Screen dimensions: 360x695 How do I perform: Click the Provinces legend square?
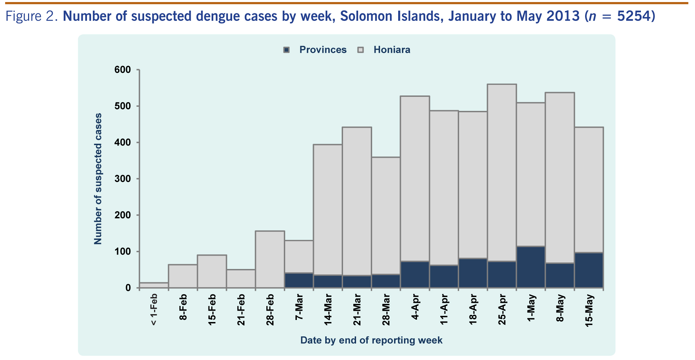click(x=287, y=50)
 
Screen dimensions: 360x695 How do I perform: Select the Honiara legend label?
click(x=392, y=50)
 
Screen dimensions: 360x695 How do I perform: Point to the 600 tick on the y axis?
click(x=123, y=70)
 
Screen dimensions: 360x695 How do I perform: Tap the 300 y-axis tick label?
click(x=123, y=179)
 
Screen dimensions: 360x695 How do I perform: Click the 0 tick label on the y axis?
click(x=128, y=288)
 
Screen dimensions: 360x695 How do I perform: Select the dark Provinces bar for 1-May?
click(x=531, y=267)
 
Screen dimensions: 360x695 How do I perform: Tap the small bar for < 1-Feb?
click(x=154, y=285)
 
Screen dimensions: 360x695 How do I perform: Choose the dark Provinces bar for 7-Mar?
click(x=299, y=280)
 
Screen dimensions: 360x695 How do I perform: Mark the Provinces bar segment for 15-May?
click(x=589, y=270)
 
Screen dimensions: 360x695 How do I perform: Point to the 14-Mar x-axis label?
click(x=328, y=309)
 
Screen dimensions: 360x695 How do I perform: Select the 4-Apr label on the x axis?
click(x=415, y=307)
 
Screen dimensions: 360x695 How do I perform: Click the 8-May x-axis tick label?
click(x=560, y=308)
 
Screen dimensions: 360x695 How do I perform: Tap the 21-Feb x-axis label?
click(x=241, y=309)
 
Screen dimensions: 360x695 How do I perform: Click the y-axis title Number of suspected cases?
click(x=98, y=179)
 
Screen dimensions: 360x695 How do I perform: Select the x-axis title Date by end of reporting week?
click(x=371, y=340)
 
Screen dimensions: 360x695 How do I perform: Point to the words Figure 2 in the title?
click(x=31, y=16)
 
